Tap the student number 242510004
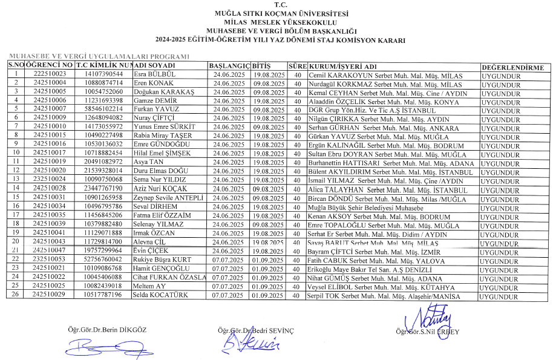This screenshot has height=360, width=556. click(50, 83)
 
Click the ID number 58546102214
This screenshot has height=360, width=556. click(103, 110)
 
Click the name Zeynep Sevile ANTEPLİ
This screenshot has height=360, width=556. click(168, 198)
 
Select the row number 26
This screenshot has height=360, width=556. click(16, 295)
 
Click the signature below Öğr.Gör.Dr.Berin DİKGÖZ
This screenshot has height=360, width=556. click(99, 347)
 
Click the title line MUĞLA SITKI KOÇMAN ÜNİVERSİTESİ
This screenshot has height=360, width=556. click(278, 13)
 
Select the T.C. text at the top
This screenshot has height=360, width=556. click(278, 5)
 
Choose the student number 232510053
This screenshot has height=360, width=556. click(50, 260)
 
